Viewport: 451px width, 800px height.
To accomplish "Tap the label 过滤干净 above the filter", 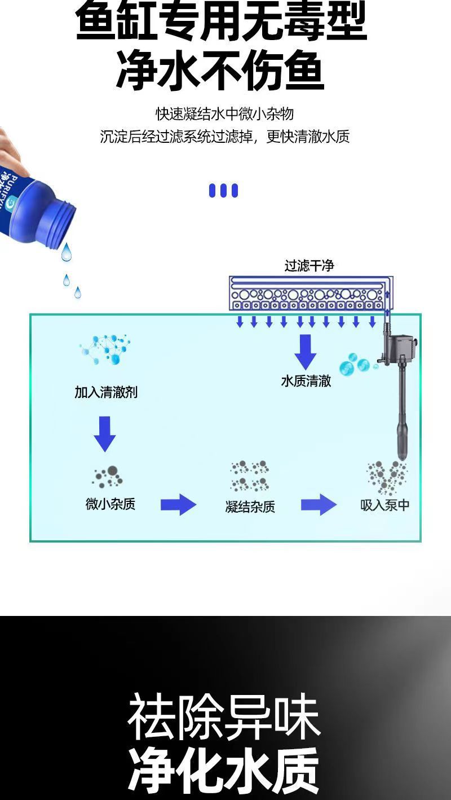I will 309,265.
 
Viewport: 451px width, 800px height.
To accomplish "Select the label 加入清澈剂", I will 106,392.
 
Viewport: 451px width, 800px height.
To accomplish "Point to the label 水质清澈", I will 306,381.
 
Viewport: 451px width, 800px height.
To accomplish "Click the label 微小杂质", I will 110,504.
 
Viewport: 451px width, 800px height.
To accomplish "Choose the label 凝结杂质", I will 250,506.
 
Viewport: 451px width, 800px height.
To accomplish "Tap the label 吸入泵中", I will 385,505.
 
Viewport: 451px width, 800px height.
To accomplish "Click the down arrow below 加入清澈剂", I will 105,434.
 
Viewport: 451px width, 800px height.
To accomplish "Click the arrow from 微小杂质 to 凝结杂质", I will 178,504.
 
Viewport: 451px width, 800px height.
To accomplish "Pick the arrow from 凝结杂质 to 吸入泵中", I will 319,504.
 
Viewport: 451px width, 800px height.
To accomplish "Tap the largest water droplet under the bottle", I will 67,252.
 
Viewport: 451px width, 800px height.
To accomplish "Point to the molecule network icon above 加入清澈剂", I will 105,349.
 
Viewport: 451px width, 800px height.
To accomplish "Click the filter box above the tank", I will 311,293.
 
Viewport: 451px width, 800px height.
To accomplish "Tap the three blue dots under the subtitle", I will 223,191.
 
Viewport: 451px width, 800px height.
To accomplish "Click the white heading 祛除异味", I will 224,719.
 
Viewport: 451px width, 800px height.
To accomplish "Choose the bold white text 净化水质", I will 224,771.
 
